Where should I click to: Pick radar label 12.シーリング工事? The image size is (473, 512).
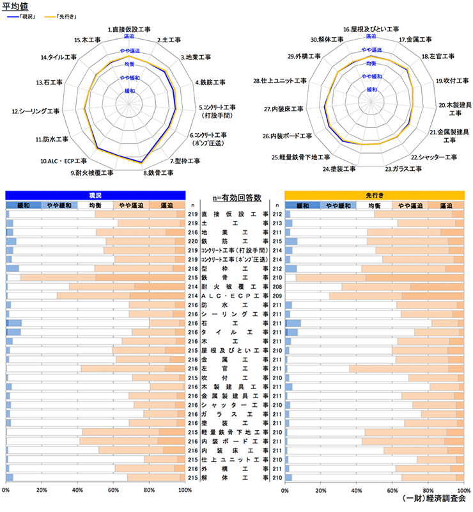[36, 111]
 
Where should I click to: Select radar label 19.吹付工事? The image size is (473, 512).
[448, 81]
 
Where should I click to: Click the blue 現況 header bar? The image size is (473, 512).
[95, 195]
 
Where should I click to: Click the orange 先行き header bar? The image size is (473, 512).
[373, 195]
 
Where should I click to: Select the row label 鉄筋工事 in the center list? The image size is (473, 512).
[235, 242]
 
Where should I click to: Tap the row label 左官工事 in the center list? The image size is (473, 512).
[235, 369]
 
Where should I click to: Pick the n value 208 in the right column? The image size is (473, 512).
[277, 288]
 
